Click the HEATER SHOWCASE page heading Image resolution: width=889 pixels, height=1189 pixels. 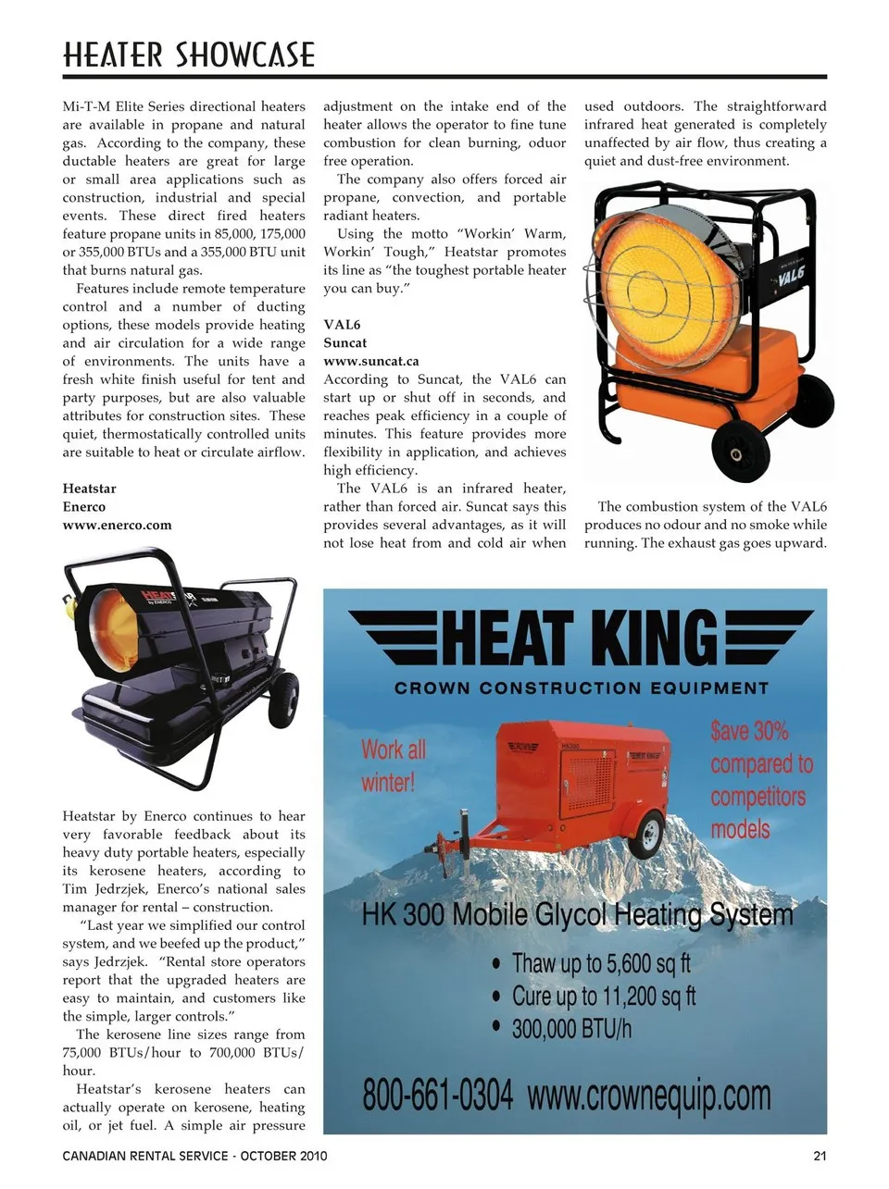coord(189,55)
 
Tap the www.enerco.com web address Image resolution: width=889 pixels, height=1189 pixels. coord(117,525)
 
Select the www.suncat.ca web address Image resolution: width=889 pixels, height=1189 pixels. coord(370,361)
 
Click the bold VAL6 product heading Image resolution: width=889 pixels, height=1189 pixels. coord(342,325)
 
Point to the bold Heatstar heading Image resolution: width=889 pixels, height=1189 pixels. coord(89,489)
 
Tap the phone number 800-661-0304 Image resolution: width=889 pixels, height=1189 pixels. coord(437,1095)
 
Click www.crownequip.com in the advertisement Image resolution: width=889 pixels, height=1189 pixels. coord(649,1096)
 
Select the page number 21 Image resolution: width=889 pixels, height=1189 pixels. coord(820,1156)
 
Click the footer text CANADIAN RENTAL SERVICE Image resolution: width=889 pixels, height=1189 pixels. coord(145,1156)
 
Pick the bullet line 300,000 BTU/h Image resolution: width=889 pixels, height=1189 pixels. coord(571,1028)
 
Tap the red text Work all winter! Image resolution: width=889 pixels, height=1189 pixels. coord(393,765)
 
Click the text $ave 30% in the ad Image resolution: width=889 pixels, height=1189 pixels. coord(749,731)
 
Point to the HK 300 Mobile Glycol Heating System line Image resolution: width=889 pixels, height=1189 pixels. coord(577,915)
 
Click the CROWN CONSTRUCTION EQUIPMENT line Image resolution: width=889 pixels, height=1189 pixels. coord(582,688)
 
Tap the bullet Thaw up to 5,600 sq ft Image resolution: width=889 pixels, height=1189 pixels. coord(600,963)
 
